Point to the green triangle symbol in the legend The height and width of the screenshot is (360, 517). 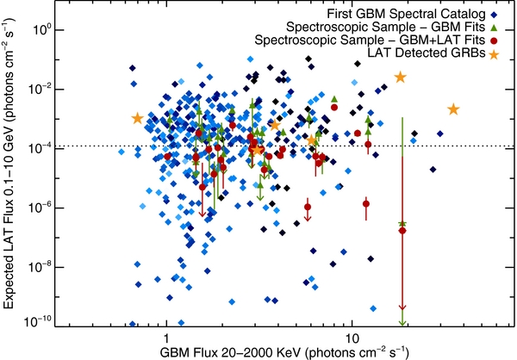tap(494, 28)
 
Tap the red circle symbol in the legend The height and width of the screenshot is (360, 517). tap(494, 40)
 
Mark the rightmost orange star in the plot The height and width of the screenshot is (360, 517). tap(453, 109)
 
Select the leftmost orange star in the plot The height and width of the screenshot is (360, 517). tap(138, 118)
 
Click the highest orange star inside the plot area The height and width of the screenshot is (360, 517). tap(401, 78)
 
